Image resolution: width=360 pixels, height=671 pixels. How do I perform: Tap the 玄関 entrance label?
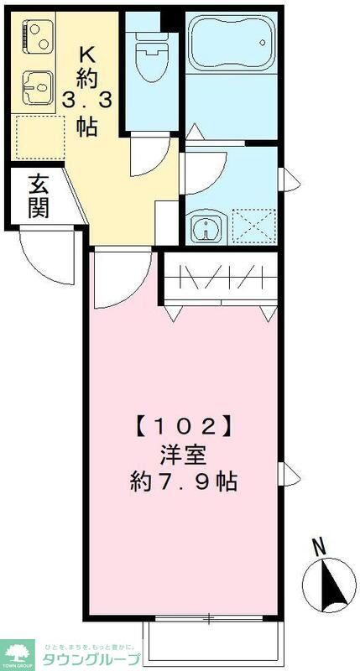37,196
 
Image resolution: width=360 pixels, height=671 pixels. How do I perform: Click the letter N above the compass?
318,547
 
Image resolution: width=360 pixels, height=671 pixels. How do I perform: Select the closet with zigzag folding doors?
220,276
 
